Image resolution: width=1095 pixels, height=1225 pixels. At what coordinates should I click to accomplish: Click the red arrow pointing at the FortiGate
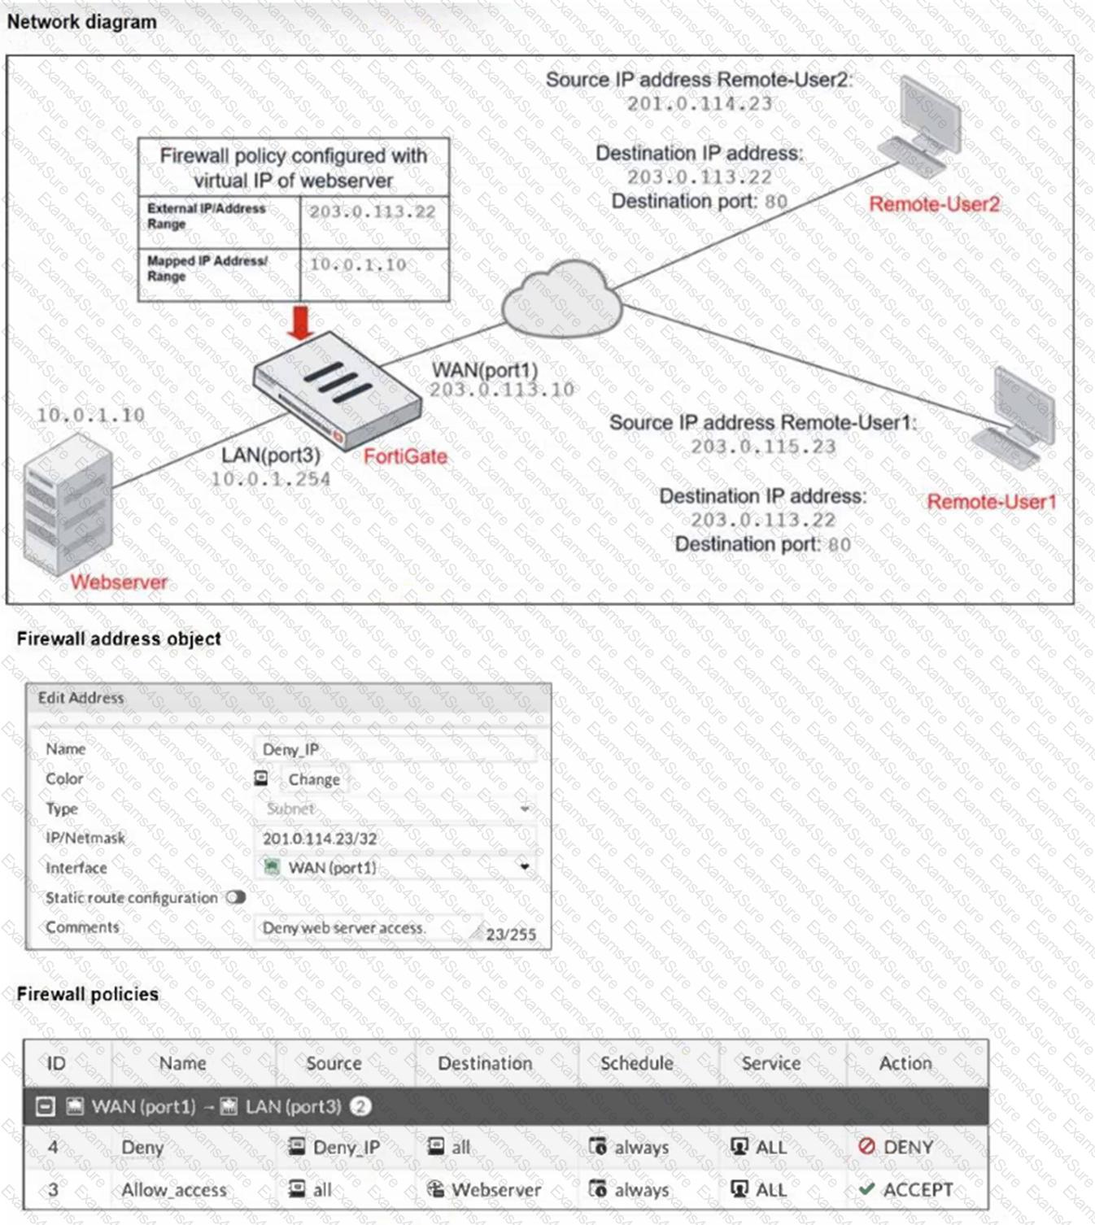pos(301,322)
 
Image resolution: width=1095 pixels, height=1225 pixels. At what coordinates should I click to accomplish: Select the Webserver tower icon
pos(67,504)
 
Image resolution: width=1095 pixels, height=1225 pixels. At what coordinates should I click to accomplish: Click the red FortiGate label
pos(405,456)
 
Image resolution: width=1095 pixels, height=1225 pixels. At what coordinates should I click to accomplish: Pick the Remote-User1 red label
pos(991,502)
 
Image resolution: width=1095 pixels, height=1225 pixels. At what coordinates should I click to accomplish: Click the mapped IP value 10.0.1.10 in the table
pos(358,265)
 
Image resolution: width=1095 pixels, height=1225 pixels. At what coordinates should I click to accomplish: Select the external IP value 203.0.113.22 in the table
pos(372,212)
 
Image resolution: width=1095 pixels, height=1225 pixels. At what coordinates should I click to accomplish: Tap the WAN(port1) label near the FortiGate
pos(485,370)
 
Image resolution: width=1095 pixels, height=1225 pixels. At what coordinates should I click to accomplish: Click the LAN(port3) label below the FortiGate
pos(271,456)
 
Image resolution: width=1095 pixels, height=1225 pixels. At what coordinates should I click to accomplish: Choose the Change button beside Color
pos(313,779)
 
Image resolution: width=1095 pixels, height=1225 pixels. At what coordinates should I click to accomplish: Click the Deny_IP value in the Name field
pos(290,749)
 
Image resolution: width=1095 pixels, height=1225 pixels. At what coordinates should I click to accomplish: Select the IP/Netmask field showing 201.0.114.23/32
pos(320,839)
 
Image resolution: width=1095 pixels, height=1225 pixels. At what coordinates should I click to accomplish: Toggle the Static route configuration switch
pos(236,897)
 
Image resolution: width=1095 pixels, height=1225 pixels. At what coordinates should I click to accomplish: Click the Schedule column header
pos(636,1063)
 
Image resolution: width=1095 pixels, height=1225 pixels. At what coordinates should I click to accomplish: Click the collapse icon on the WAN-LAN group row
pos(46,1106)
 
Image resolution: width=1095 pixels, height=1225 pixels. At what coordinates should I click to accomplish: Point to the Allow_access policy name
pos(174,1189)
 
